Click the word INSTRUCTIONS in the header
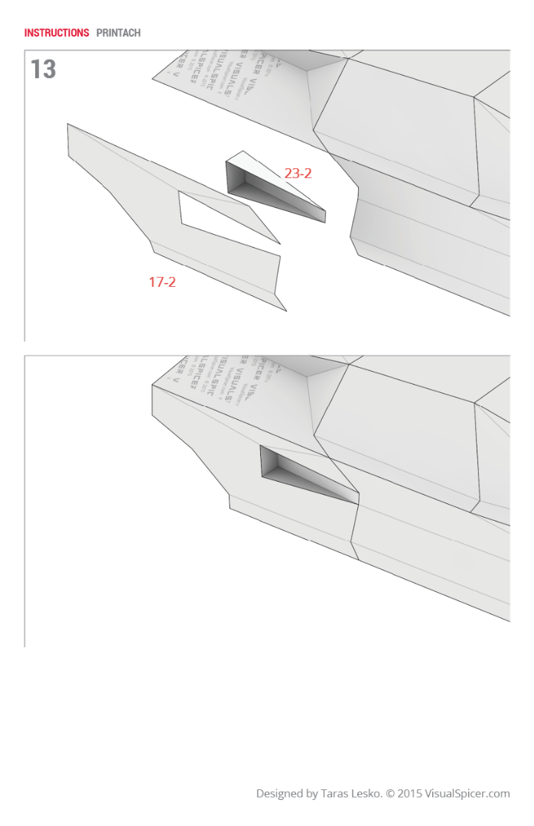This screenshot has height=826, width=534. click(57, 33)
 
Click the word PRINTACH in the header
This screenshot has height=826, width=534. click(119, 33)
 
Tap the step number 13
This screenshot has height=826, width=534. click(43, 70)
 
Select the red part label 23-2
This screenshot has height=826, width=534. click(298, 174)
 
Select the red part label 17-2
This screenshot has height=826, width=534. click(162, 282)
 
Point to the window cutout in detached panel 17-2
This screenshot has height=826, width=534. click(222, 218)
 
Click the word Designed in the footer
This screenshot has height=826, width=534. click(278, 794)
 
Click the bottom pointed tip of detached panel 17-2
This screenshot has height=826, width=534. click(285, 310)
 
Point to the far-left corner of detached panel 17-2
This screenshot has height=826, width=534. click(68, 125)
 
